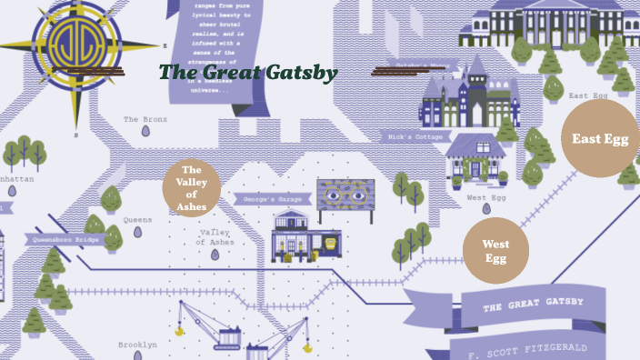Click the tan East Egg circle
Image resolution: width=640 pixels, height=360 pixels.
(x=600, y=138)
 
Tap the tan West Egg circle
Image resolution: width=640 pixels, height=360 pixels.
(x=495, y=251)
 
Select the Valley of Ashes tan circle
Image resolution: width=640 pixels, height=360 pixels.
(x=192, y=188)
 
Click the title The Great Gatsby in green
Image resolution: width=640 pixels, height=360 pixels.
(x=248, y=73)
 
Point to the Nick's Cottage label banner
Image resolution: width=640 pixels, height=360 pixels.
(x=415, y=137)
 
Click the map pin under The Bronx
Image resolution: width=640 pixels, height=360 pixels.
(x=145, y=132)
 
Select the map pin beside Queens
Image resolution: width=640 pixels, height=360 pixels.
(x=138, y=233)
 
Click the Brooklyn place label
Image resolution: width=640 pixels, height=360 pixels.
(x=137, y=345)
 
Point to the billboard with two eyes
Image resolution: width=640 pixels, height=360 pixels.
(x=345, y=195)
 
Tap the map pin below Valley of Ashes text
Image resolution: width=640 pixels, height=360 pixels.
(x=215, y=255)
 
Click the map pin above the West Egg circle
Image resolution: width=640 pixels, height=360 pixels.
(x=485, y=210)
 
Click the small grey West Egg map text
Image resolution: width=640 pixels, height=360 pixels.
(x=485, y=197)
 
